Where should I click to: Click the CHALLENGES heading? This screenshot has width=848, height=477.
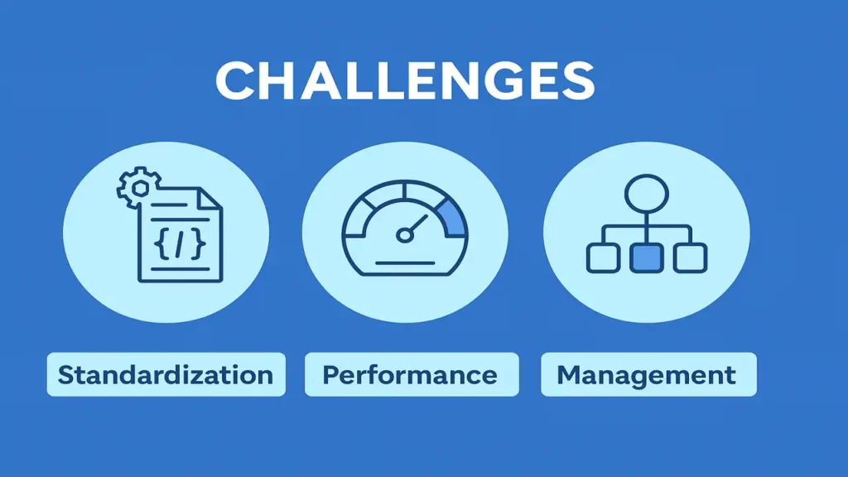[x=405, y=81]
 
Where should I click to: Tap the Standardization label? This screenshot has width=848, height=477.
[x=166, y=374]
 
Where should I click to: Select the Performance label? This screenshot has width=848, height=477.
[x=410, y=374]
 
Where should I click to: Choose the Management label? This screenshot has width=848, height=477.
[x=647, y=374]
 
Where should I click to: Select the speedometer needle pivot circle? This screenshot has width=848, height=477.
[x=404, y=235]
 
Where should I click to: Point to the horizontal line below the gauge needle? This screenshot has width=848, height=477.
[x=405, y=263]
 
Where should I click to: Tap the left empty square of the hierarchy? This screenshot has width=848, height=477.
[x=602, y=258]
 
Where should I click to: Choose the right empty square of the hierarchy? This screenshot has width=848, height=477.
[x=689, y=258]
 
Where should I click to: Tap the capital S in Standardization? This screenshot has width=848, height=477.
[x=66, y=374]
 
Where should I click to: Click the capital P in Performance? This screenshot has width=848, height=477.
[x=331, y=374]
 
